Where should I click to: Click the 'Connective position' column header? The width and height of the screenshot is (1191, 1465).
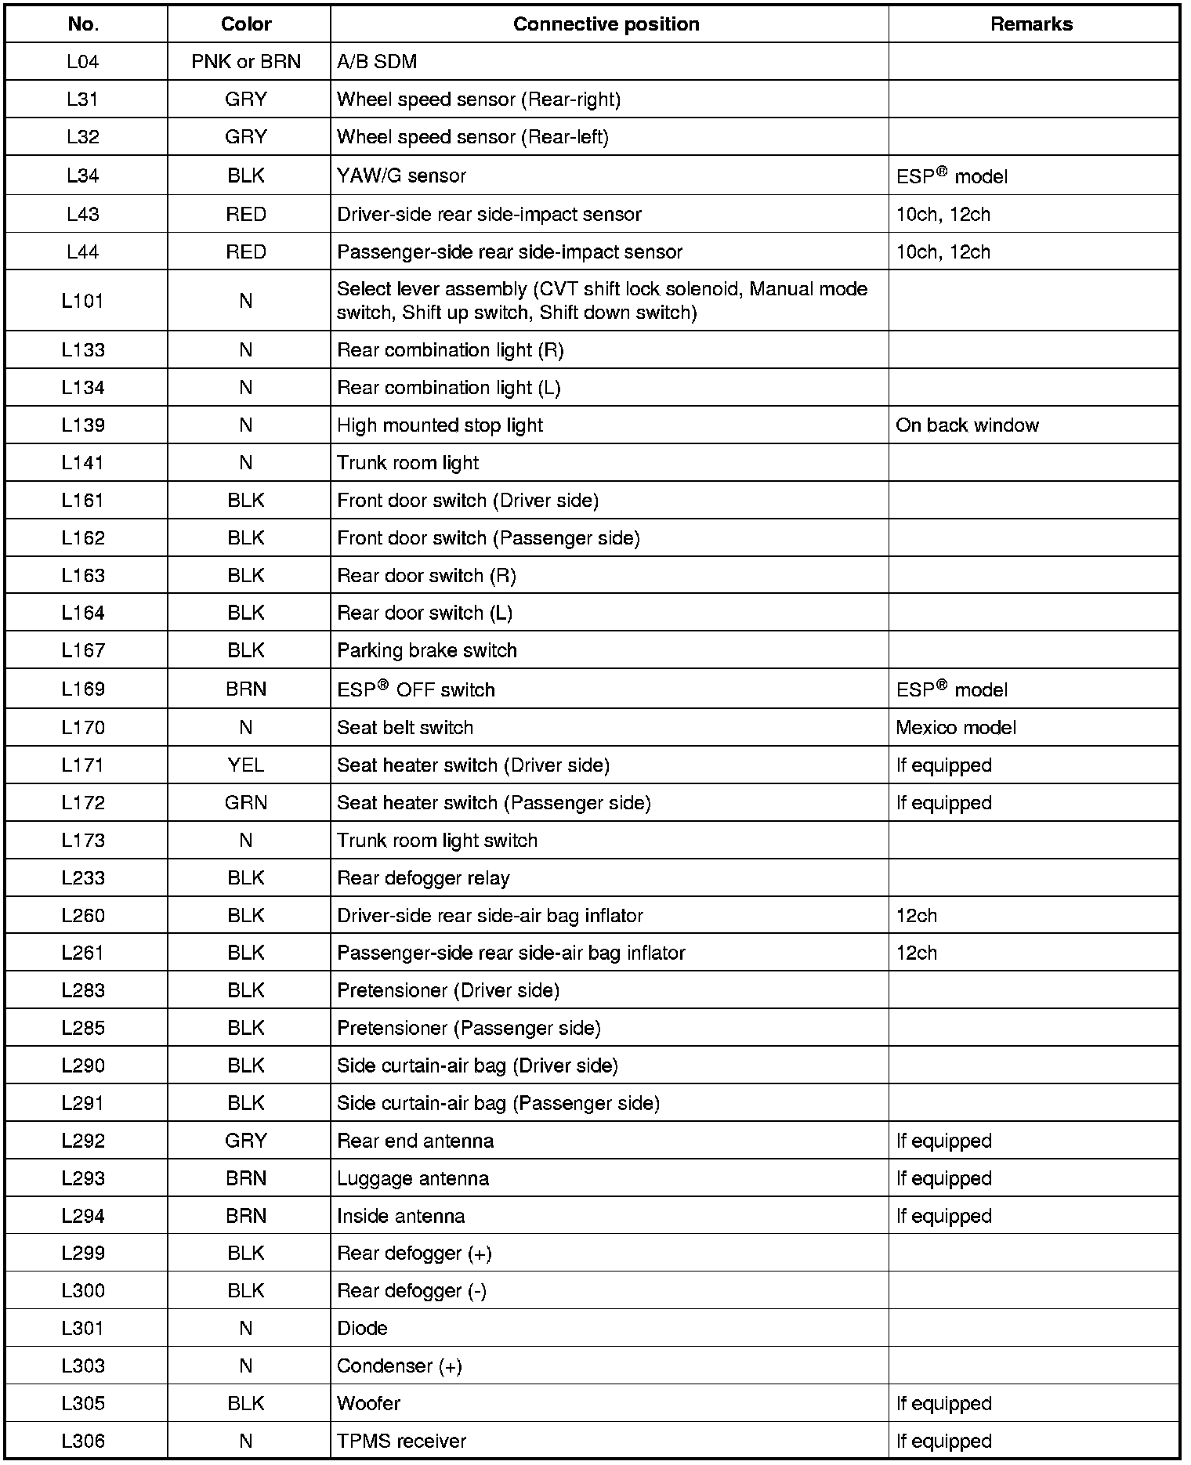pos(606,24)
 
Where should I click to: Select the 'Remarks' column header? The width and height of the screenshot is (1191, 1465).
pos(1031,24)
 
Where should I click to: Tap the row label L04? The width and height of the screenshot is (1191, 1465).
pos(83,62)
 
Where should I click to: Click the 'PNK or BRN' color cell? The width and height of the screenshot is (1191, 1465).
pos(246,62)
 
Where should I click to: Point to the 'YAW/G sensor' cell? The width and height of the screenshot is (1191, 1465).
pos(401,175)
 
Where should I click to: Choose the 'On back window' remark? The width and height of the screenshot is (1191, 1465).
pos(967,425)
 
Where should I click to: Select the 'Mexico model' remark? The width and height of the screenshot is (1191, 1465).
pos(956,728)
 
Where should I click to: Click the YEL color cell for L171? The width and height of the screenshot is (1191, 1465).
pos(246,765)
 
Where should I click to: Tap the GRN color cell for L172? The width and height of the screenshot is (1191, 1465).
pos(246,803)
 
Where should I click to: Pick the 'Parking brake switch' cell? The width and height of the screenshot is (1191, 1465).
pos(427,651)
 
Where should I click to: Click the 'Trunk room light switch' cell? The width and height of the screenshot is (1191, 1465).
pos(437,841)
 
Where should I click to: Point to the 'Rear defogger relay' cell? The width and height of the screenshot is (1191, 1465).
pos(423,878)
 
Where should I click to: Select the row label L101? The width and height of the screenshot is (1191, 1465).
pos(83,301)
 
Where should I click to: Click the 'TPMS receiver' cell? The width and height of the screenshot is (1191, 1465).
pos(401,1441)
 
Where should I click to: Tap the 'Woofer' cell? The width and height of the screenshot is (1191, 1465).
pos(368,1403)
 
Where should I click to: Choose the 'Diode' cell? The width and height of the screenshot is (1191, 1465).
pos(362,1328)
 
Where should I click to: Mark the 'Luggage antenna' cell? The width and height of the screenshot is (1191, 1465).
pos(413,1179)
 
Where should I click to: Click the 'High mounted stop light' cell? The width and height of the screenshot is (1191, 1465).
pos(440,425)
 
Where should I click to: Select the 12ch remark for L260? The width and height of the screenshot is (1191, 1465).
pos(917,916)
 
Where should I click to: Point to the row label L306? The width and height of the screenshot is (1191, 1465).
pos(83,1441)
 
